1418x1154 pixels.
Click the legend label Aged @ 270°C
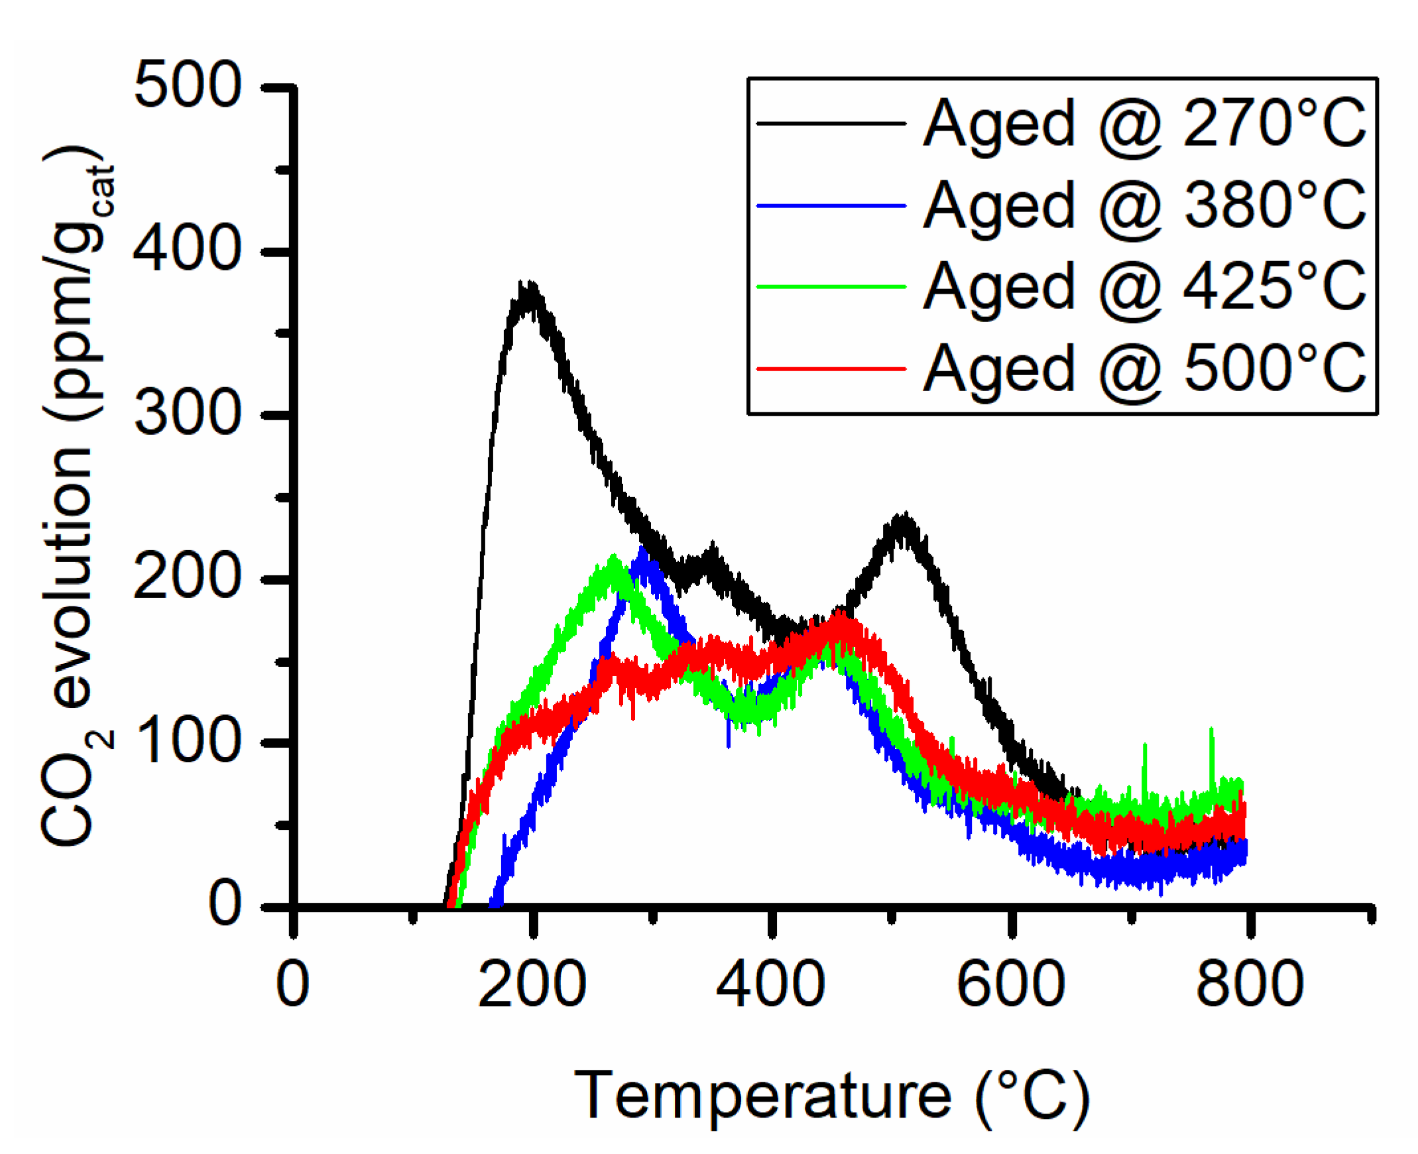(1144, 125)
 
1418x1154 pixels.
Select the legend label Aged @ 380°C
(1144, 206)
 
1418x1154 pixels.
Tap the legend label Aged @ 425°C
(1144, 287)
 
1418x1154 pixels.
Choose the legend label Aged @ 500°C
(1144, 370)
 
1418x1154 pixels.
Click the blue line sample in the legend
(831, 206)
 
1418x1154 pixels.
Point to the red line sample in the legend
(831, 369)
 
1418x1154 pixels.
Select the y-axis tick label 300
(188, 414)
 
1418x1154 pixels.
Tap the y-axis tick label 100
(188, 742)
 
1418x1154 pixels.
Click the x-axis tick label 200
(532, 984)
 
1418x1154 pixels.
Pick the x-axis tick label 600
(1010, 984)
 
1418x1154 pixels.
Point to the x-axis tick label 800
(1250, 984)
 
